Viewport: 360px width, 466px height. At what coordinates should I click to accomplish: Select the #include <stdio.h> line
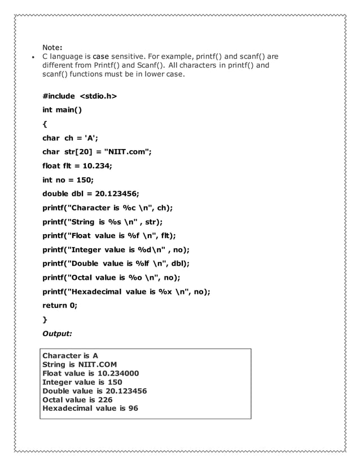80,96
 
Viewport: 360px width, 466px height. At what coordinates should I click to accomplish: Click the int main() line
62,110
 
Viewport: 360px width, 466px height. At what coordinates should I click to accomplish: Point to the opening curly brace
45,124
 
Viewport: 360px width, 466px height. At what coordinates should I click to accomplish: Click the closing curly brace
45,319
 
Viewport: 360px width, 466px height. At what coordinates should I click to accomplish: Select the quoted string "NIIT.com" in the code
128,152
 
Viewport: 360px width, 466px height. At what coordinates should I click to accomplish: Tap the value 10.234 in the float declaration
96,166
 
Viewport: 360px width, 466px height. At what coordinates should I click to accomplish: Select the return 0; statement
60,305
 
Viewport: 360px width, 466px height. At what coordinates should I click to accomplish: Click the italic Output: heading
58,333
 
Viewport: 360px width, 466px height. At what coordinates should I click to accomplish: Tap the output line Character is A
71,355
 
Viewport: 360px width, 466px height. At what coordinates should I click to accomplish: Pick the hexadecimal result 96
133,408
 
